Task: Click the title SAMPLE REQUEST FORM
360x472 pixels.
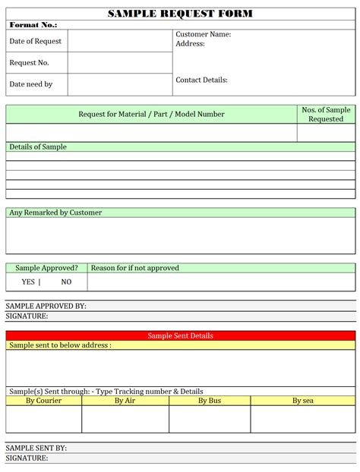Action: point(180,14)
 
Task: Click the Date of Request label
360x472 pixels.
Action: point(35,41)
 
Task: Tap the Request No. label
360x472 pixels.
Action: point(29,62)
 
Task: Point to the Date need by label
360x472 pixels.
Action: point(30,84)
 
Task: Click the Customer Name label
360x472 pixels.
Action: point(203,35)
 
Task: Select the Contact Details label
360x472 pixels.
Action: point(201,80)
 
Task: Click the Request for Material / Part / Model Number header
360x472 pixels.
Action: point(151,114)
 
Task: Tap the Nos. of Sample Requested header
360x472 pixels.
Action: point(326,114)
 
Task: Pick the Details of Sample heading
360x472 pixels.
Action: point(38,146)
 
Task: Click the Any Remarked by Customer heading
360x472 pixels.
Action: point(55,212)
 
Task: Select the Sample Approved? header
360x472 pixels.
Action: point(46,268)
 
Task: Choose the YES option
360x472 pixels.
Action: point(28,282)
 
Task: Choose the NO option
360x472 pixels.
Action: point(66,282)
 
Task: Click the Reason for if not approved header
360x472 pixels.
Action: point(134,268)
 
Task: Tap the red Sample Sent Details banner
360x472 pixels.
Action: point(180,335)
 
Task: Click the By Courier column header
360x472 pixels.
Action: point(43,400)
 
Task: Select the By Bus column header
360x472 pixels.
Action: point(209,400)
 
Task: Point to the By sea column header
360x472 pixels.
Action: point(302,400)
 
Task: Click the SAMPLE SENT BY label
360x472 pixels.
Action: point(36,448)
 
